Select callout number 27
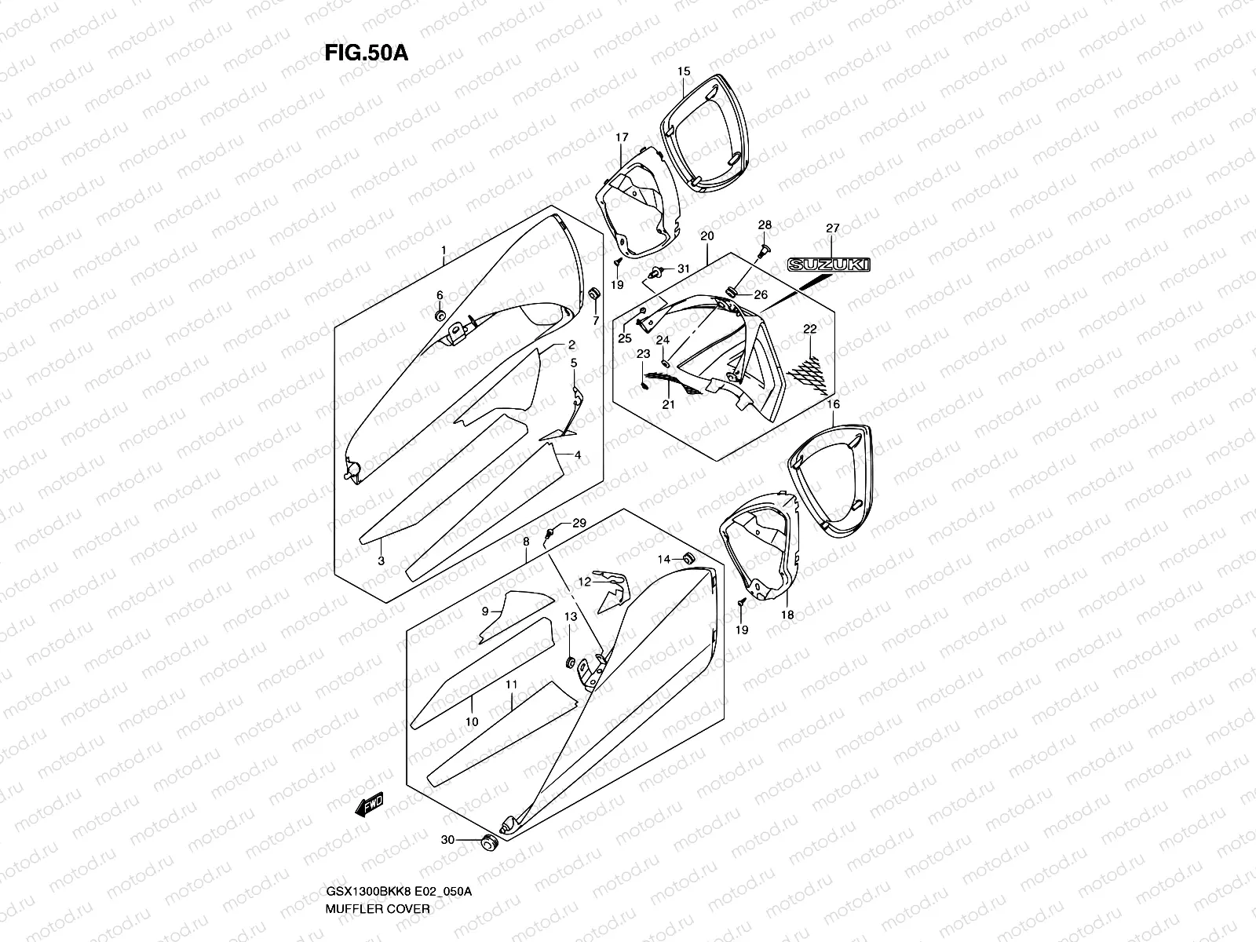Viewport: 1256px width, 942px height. pyautogui.click(x=832, y=228)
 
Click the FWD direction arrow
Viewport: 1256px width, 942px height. pyautogui.click(x=368, y=803)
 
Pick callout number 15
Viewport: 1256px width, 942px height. pyautogui.click(x=684, y=71)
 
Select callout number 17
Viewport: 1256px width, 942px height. pyautogui.click(x=622, y=137)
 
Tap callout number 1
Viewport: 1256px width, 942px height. pyautogui.click(x=444, y=251)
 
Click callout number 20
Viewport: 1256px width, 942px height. pyautogui.click(x=706, y=236)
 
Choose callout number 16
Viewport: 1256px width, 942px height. pyautogui.click(x=833, y=404)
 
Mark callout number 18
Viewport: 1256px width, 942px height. pyautogui.click(x=787, y=615)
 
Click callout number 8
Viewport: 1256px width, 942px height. pyautogui.click(x=526, y=542)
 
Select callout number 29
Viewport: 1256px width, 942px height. pyautogui.click(x=579, y=524)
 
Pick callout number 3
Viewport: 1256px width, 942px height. pyautogui.click(x=381, y=560)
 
